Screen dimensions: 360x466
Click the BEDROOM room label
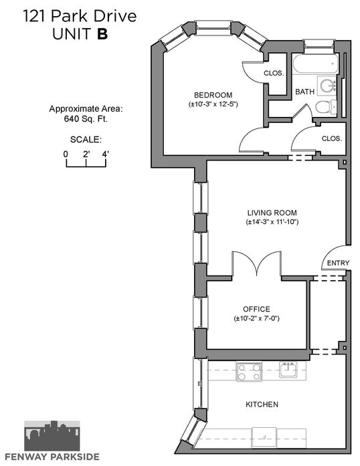click(213, 95)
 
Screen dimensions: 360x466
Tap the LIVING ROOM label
click(272, 213)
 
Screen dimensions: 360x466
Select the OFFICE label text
click(256, 309)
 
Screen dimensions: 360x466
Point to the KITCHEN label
click(262, 404)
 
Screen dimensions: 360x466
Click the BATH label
click(304, 92)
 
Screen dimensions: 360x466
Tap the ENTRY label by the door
click(338, 263)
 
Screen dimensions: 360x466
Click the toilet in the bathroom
click(326, 106)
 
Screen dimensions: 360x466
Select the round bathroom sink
click(327, 86)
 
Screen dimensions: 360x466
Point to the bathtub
click(315, 64)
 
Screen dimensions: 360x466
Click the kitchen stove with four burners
click(249, 372)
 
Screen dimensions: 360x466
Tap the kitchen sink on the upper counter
click(288, 370)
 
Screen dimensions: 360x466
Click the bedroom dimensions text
click(213, 104)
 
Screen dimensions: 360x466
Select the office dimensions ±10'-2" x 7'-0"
click(256, 319)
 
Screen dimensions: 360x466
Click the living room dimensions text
click(272, 222)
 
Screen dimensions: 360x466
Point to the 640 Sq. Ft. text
click(86, 119)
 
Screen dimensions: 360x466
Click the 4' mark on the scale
click(105, 154)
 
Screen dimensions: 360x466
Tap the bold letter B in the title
click(102, 34)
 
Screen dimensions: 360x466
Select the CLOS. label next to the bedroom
click(274, 73)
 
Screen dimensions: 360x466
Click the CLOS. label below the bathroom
click(332, 138)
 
